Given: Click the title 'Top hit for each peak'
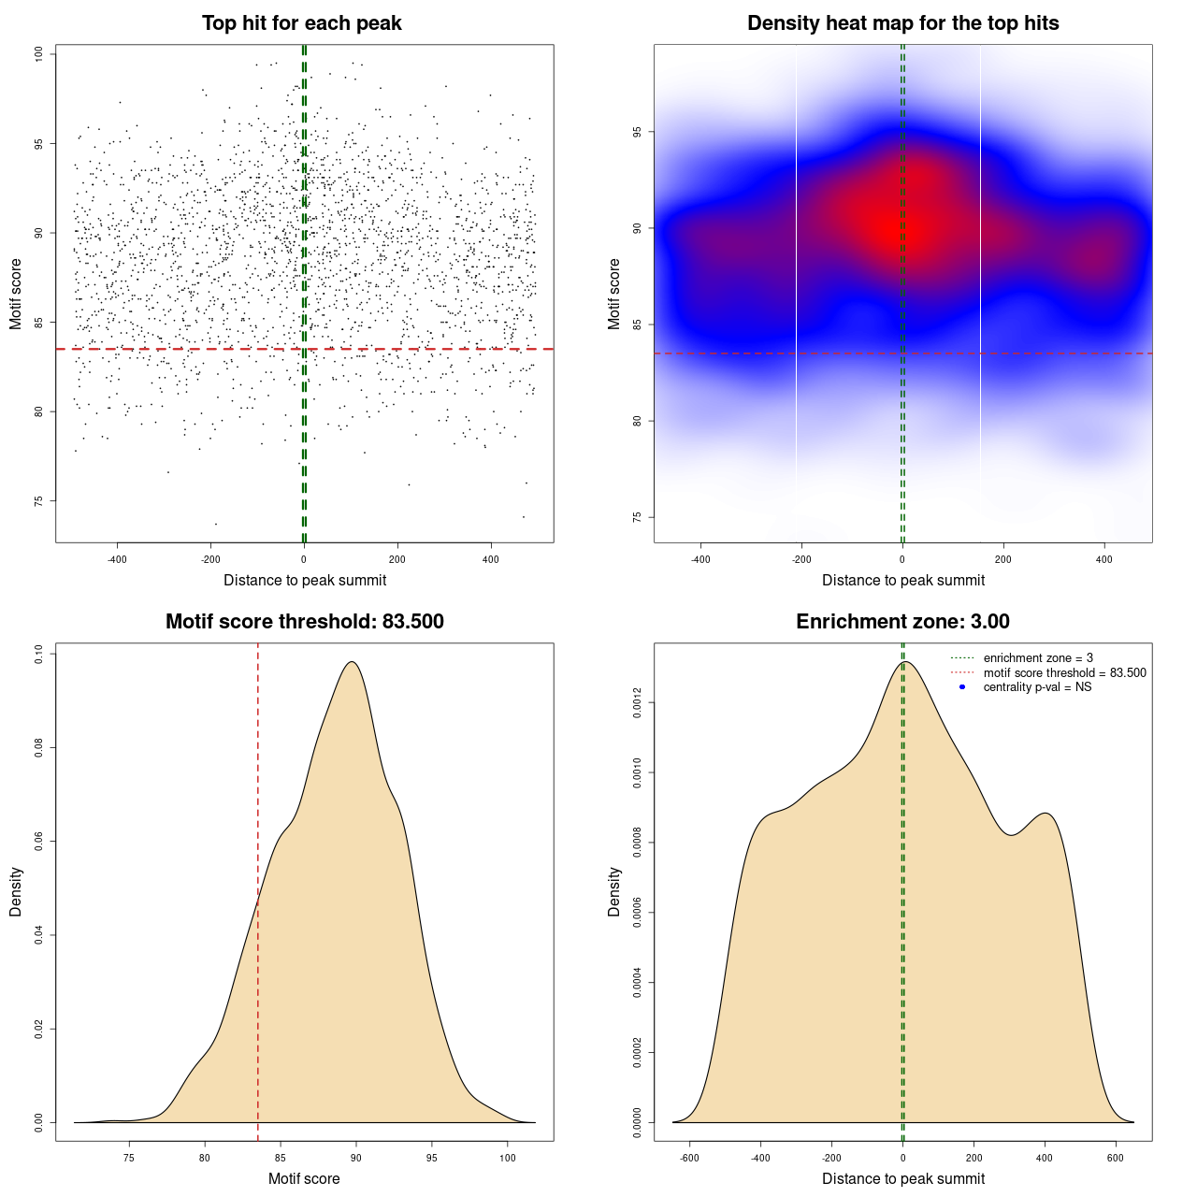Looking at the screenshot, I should coord(302,23).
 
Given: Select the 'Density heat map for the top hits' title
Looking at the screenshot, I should coord(902,23).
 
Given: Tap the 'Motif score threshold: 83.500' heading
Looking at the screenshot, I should coord(304,622).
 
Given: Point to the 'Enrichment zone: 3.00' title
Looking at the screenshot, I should coord(902,622).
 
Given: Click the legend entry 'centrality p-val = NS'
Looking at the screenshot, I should coord(1037,687).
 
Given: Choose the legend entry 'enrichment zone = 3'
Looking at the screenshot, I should coord(1038,658).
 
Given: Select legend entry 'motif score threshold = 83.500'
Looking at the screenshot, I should coord(1064,673).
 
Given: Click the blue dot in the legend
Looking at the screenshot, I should coord(962,687).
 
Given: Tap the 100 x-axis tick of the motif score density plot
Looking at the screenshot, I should coord(507,1158).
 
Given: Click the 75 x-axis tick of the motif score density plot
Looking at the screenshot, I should coord(129,1158).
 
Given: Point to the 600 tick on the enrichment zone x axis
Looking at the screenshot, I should coord(1116,1158).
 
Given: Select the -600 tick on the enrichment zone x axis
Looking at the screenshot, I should coord(690,1158).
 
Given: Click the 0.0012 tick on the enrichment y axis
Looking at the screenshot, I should coord(638,703).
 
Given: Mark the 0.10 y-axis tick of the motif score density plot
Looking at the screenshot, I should coord(39,655).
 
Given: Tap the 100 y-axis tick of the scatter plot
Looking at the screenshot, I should coord(39,54).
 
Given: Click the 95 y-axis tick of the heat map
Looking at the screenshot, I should coord(638,132).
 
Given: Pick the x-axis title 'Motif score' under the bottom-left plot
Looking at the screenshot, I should coord(304,1178).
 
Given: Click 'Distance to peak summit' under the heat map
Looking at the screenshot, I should coord(902,580).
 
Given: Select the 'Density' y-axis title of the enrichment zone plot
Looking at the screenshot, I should coord(614,891).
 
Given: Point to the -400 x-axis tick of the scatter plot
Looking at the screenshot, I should coord(117,559).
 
